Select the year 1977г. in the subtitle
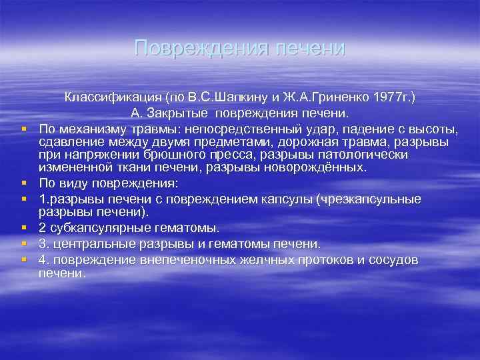[x=389, y=98]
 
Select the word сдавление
[x=70, y=142]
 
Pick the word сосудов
[x=389, y=260]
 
